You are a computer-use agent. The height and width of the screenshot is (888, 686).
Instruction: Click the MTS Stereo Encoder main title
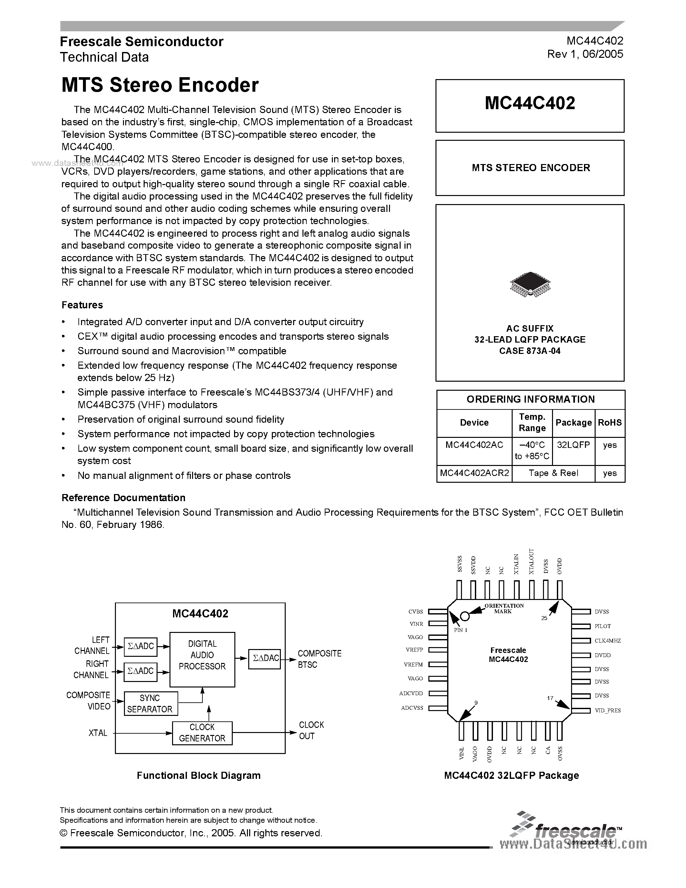coord(160,85)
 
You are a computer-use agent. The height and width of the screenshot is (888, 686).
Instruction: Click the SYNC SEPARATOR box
coord(150,704)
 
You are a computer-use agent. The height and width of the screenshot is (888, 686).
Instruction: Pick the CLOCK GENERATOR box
coord(202,733)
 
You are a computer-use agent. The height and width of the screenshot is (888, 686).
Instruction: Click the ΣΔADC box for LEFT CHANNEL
coord(141,646)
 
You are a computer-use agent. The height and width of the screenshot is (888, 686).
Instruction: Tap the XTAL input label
coord(98,733)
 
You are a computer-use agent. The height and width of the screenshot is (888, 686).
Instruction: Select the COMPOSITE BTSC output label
coord(319,659)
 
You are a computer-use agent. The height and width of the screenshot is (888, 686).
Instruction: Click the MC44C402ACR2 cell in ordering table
coord(474,473)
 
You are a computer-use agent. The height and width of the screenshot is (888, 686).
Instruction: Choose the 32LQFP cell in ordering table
coord(573,445)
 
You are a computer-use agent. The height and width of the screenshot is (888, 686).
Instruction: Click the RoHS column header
coord(609,422)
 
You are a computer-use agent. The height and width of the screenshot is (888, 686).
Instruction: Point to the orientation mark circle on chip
coord(465,616)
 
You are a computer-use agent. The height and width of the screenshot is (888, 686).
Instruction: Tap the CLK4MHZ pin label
coord(608,640)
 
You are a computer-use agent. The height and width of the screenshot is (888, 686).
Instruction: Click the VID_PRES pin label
coord(608,710)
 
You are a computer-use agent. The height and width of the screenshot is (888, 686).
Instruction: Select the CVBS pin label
coord(416,612)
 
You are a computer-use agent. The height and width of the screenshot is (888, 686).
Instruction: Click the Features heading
coord(82,305)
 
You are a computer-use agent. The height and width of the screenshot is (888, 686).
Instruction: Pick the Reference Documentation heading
coord(123,498)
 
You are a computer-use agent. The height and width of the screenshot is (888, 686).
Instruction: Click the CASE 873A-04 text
coord(529,351)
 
